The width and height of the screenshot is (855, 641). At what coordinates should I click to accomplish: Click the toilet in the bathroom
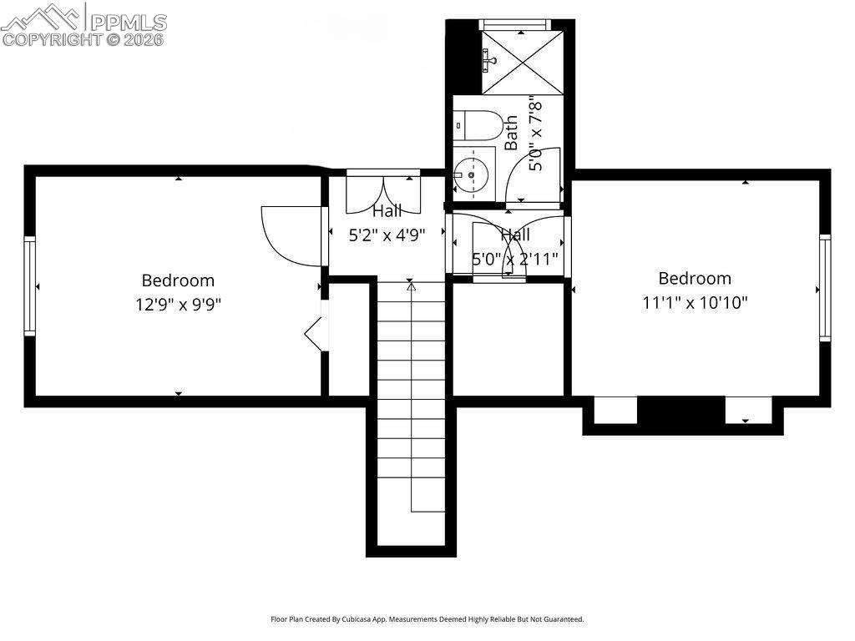pyautogui.click(x=478, y=126)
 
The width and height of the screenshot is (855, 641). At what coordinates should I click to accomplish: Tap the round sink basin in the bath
pyautogui.click(x=470, y=175)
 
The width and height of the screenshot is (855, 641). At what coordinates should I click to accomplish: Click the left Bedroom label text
pyautogui.click(x=178, y=280)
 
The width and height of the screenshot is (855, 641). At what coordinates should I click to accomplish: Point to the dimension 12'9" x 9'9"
pyautogui.click(x=178, y=304)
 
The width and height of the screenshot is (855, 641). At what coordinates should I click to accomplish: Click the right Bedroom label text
pyautogui.click(x=695, y=278)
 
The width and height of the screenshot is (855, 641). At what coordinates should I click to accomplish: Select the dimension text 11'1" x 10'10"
pyautogui.click(x=695, y=301)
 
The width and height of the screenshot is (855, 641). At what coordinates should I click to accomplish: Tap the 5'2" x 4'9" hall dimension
pyautogui.click(x=387, y=235)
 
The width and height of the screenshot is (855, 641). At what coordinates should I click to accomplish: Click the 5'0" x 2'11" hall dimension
pyautogui.click(x=515, y=259)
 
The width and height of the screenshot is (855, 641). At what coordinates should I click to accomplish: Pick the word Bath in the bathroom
pyautogui.click(x=511, y=132)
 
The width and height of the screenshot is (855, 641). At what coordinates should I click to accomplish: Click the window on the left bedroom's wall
pyautogui.click(x=30, y=286)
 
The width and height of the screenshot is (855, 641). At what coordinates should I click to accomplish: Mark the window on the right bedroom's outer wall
pyautogui.click(x=825, y=288)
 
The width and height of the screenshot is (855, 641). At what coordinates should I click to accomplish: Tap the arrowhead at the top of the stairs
pyautogui.click(x=411, y=286)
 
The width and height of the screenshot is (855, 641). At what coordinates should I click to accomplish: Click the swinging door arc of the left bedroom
pyautogui.click(x=288, y=236)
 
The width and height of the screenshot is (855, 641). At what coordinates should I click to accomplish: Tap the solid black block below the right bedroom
pyautogui.click(x=680, y=411)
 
